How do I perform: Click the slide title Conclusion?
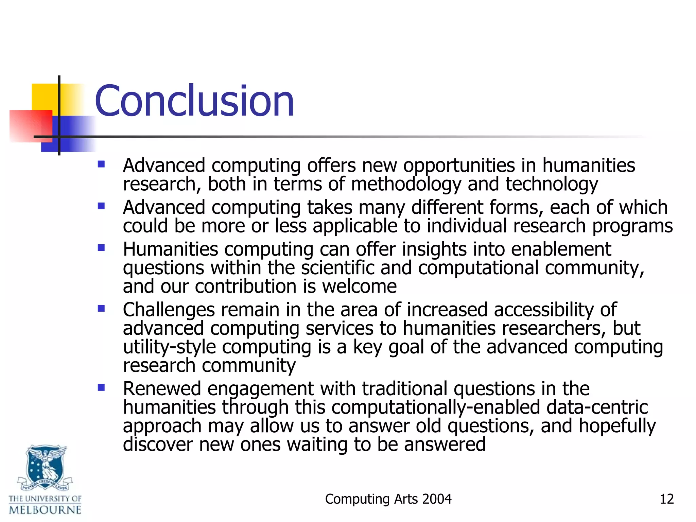194,101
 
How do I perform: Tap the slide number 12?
666,499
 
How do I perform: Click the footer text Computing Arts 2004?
388,499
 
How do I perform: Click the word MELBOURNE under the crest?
45,510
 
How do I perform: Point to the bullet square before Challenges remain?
101,309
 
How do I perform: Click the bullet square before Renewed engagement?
101,387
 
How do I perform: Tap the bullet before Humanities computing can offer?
101,248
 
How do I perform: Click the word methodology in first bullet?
406,185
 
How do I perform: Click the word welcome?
359,286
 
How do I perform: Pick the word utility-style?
169,347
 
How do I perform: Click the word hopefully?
617,426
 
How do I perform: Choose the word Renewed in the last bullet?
162,389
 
